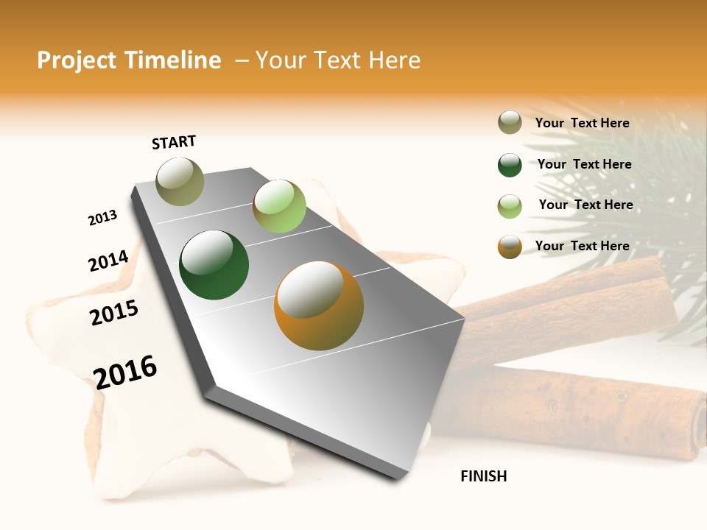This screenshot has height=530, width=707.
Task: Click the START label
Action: coord(174,142)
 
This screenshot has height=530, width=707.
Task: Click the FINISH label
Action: coord(483,476)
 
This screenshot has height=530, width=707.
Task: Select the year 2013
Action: coord(102,218)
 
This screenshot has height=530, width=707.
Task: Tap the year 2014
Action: coord(108,261)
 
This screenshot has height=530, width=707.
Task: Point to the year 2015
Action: coord(114,313)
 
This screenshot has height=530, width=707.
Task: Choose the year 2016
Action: coord(125,372)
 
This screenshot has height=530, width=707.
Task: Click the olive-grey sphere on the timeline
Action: coord(180,181)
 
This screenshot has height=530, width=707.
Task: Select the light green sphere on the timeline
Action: coord(279,205)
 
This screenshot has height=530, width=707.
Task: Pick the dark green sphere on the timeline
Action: coord(214,265)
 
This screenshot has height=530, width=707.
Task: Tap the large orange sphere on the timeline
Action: coord(318,305)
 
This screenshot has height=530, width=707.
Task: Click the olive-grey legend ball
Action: coord(510,123)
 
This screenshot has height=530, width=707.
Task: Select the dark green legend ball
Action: coord(510,165)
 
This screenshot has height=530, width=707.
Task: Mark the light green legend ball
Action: coord(510,206)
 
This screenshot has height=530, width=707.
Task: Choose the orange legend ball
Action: coord(510,247)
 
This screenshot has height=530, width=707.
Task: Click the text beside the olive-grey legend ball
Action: coord(582,124)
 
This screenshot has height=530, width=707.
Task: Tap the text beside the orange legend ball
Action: coord(582,246)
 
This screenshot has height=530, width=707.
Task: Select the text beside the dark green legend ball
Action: coord(584,164)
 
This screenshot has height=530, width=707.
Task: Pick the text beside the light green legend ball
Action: coord(585,205)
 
